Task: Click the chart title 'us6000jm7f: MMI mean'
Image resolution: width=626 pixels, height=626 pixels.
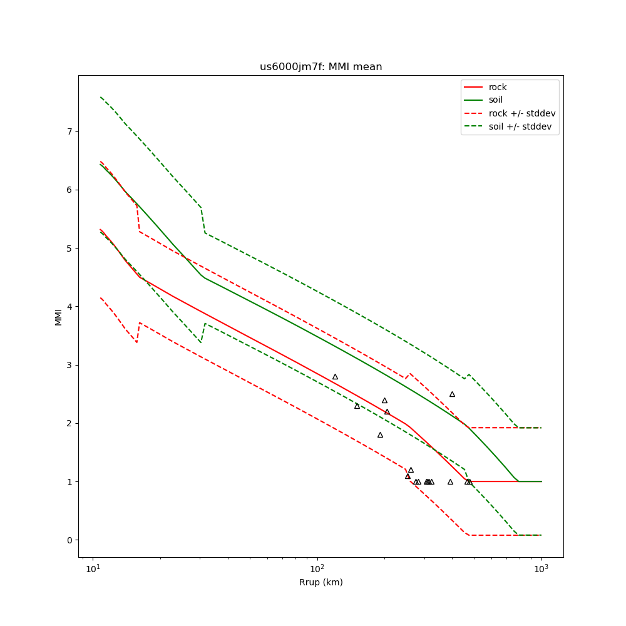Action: [x=321, y=67]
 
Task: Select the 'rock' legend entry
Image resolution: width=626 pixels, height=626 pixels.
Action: [x=498, y=87]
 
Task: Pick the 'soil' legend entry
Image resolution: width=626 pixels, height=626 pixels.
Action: [x=495, y=100]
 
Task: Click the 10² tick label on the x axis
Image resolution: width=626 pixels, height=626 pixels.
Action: [x=317, y=569]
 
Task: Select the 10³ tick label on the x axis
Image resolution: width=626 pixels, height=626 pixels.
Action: [x=541, y=569]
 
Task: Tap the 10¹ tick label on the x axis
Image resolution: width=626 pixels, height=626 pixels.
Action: [x=93, y=569]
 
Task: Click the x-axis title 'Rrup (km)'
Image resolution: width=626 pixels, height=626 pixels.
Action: [x=321, y=583]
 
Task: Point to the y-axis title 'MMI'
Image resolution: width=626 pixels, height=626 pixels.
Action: [x=58, y=316]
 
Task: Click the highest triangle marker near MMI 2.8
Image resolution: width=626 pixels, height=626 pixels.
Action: [x=335, y=377]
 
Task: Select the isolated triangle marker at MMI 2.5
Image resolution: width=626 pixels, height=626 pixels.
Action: [x=452, y=394]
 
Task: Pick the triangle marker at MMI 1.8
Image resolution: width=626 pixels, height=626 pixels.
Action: [x=380, y=435]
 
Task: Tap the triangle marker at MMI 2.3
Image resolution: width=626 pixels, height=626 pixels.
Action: [x=357, y=406]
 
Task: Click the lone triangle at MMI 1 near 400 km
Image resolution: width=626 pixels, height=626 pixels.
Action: [x=450, y=482]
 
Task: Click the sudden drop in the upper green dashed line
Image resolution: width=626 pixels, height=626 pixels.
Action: [x=203, y=219]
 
